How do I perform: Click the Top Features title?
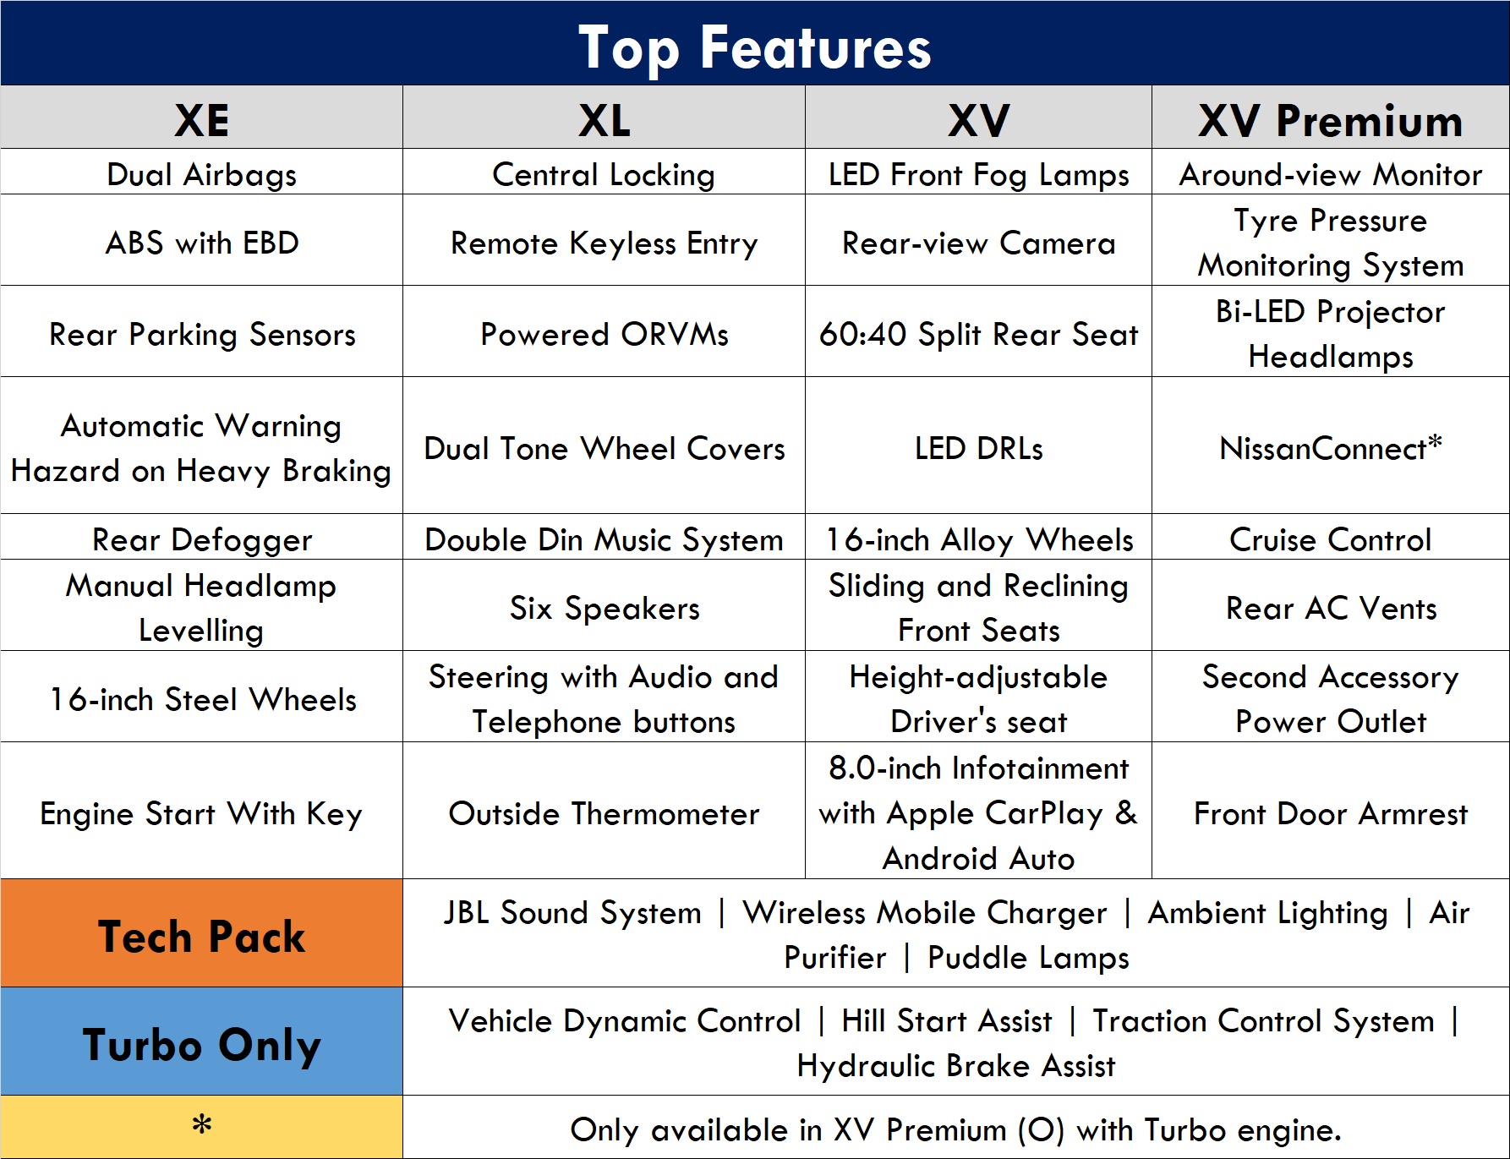point(754,47)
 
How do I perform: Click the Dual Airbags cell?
point(201,174)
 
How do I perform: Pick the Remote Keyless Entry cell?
point(604,243)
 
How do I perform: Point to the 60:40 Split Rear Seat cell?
point(978,334)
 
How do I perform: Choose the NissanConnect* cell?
point(1331,447)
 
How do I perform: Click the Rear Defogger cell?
point(201,539)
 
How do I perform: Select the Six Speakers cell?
point(604,608)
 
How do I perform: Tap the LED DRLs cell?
point(978,448)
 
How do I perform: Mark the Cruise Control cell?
point(1331,539)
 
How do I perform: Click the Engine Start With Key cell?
point(201,813)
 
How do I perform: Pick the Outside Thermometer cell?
point(604,813)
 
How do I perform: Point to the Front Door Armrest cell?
point(1331,813)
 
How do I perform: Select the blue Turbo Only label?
point(201,1045)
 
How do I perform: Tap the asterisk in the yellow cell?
point(201,1124)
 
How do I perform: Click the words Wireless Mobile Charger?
point(924,912)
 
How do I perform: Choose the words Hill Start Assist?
point(946,1020)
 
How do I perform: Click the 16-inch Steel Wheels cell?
point(201,699)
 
